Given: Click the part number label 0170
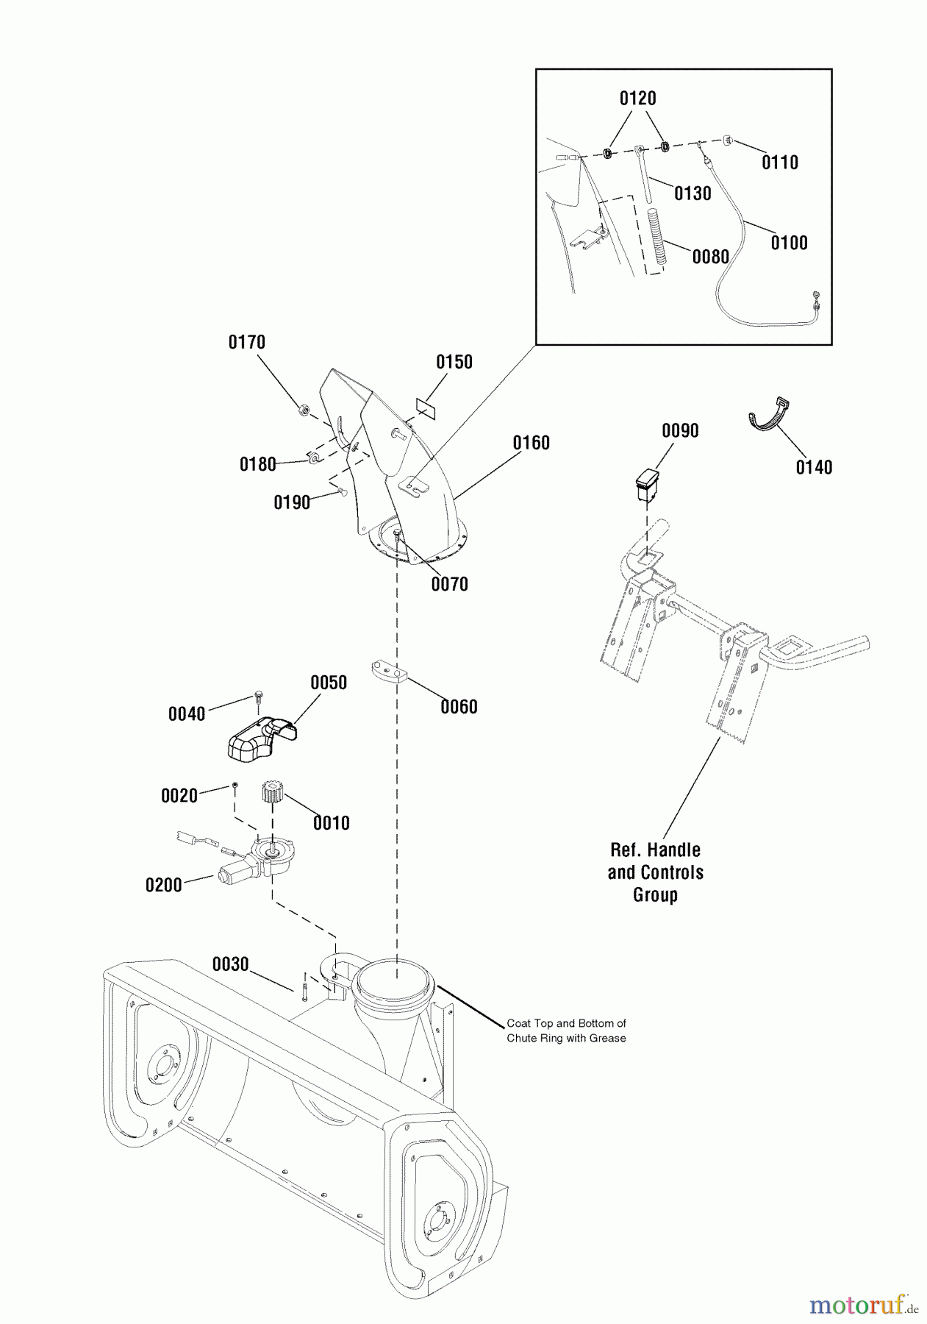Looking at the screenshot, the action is point(247,342).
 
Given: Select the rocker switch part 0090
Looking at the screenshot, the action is point(648,483).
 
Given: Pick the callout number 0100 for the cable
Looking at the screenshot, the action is point(789,243).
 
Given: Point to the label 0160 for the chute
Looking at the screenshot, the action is point(531,443).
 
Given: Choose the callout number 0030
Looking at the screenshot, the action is point(231,964).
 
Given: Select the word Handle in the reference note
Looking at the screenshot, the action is point(673,850).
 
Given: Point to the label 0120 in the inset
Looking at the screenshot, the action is point(637,99).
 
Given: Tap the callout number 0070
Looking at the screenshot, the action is point(449,584).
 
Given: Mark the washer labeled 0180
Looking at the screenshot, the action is point(312,458).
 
